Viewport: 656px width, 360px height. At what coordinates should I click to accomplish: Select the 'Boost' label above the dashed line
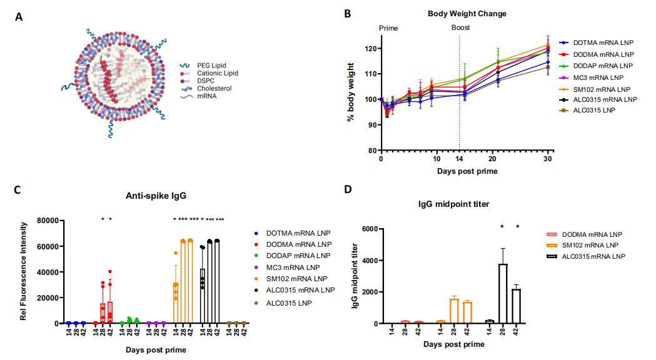tap(461, 27)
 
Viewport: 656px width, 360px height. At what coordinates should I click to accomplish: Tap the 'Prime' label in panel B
tap(388, 28)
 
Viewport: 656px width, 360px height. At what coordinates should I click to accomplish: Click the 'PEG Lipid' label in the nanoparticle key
tap(211, 65)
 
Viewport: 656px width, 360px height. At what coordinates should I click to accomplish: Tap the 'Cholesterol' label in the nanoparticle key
tap(214, 89)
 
